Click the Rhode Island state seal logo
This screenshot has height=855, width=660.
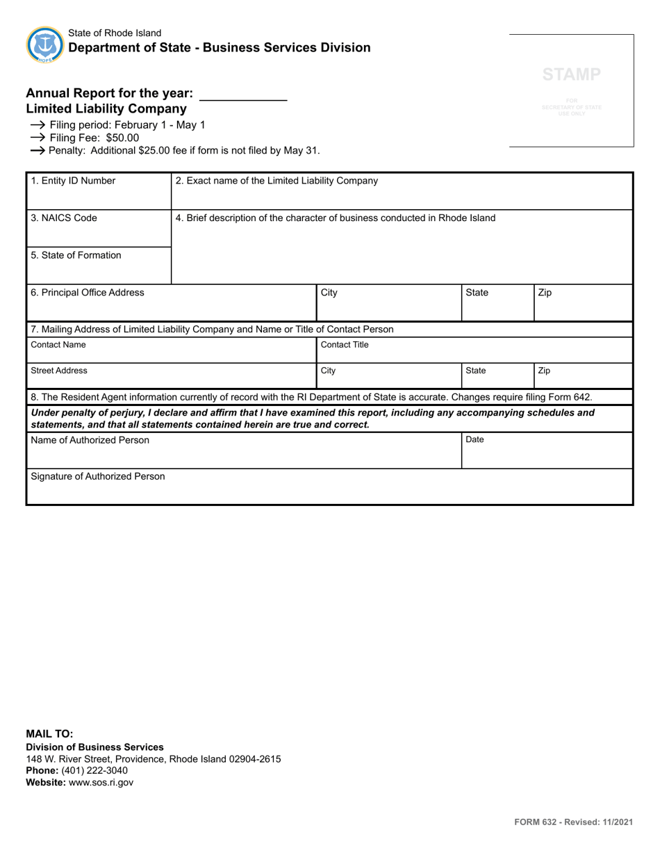[x=45, y=45]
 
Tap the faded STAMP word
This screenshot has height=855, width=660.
[x=572, y=74]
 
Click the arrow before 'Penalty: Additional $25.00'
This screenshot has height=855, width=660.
[x=38, y=150]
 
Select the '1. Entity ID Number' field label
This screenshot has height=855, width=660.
[x=73, y=181]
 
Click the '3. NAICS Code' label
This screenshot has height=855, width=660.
[x=64, y=218]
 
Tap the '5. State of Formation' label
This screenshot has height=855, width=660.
[x=76, y=255]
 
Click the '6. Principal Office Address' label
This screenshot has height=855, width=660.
[x=88, y=293]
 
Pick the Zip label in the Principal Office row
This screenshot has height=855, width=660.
[x=545, y=293]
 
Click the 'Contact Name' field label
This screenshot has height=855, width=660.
[x=58, y=345]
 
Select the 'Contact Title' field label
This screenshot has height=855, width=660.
[x=345, y=345]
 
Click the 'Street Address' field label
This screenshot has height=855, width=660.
[x=59, y=370]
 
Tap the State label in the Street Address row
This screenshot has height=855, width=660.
[x=475, y=370]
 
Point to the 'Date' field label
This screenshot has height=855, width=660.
[x=475, y=439]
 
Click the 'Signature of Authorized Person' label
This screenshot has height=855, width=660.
[x=98, y=476]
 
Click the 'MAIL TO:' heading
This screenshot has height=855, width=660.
[x=49, y=733]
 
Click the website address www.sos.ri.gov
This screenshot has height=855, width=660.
[x=101, y=782]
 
